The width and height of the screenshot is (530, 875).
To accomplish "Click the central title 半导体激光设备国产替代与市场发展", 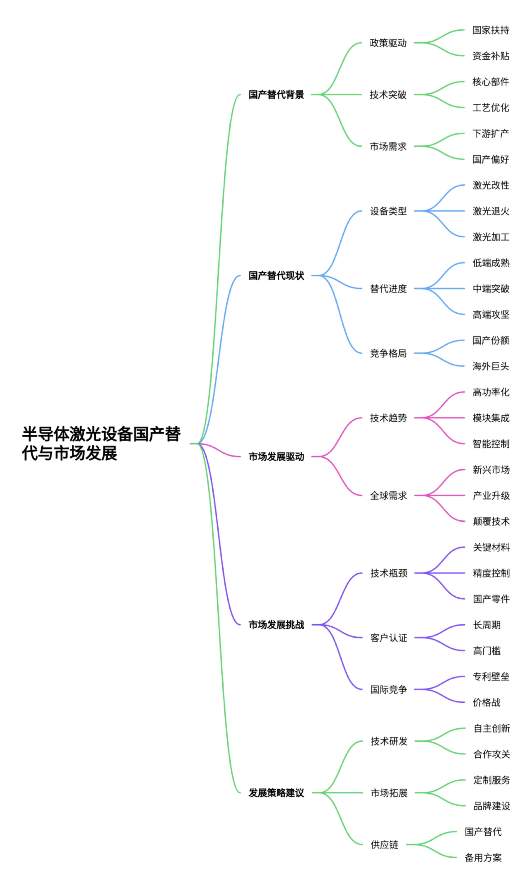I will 101,444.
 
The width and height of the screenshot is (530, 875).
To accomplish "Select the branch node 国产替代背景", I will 276,95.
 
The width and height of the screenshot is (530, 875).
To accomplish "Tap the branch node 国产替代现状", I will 276,276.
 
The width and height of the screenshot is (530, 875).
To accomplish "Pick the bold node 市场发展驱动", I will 276,457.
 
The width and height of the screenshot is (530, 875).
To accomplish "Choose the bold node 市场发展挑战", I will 276,625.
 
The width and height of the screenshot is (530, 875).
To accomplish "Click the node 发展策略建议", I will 276,793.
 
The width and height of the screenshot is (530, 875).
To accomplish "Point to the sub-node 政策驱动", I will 388,43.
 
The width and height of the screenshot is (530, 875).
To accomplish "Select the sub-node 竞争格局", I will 388,353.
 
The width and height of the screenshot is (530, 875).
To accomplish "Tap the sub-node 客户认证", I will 388,638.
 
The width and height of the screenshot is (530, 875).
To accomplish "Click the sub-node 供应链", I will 384,844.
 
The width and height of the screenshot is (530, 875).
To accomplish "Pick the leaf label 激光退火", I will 491,211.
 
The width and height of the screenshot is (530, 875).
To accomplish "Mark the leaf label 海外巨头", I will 491,366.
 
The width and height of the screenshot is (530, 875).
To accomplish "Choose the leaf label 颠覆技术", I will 491,521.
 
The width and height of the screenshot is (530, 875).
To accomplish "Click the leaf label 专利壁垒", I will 491,677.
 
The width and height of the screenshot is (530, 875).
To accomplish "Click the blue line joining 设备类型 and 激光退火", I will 440,211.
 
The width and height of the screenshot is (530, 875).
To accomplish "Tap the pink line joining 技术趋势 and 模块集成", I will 440,418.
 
